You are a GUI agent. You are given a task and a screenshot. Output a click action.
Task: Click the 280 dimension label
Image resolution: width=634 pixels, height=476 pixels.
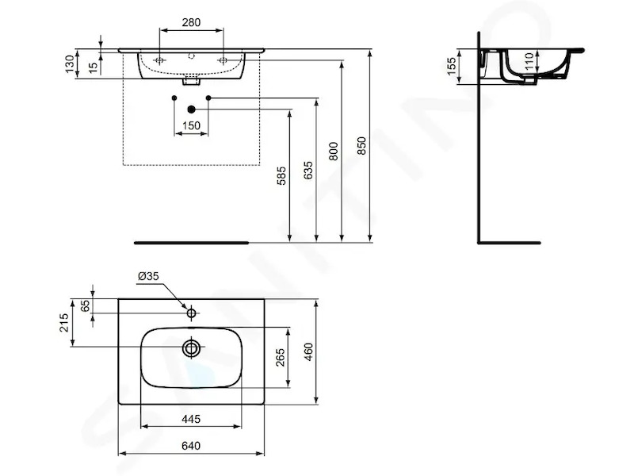(x=191, y=22)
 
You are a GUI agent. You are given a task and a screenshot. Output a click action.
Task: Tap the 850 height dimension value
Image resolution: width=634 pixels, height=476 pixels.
(x=362, y=146)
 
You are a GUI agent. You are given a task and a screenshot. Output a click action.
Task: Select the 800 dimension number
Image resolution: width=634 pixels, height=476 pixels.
(x=334, y=151)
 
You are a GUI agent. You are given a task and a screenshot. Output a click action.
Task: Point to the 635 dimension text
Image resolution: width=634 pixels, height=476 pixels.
(x=308, y=171)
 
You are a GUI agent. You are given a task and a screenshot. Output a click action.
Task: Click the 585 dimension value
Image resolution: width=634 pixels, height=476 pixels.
(x=281, y=175)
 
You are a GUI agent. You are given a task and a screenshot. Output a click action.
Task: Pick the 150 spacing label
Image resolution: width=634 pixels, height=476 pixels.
(x=191, y=125)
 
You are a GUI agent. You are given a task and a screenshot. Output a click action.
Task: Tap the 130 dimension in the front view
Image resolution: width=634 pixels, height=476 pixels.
(x=70, y=64)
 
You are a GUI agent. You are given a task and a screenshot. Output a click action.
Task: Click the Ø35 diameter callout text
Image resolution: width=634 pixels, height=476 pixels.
(x=148, y=276)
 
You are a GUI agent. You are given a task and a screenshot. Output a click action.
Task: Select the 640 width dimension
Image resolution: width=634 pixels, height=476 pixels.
(x=191, y=446)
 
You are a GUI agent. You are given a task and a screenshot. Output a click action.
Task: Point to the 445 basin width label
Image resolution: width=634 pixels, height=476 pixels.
(x=191, y=419)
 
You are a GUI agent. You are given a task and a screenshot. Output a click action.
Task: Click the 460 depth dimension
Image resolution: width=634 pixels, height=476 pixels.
(x=308, y=351)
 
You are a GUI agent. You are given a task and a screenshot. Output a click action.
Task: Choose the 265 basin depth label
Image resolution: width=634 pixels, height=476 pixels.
(x=281, y=358)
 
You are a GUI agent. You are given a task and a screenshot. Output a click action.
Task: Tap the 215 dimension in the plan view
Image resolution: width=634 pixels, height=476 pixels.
(x=65, y=323)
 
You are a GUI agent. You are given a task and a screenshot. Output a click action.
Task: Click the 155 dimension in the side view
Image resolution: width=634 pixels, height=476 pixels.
(x=452, y=67)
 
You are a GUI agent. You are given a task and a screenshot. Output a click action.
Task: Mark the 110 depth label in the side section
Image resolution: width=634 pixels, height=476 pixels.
(x=529, y=61)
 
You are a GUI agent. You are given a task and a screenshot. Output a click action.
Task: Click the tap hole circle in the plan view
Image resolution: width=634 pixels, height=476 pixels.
(x=191, y=313)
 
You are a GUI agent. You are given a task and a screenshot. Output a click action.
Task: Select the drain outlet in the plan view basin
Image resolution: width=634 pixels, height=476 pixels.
(x=191, y=347)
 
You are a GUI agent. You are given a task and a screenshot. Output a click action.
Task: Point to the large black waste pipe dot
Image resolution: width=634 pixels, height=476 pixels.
(x=192, y=109)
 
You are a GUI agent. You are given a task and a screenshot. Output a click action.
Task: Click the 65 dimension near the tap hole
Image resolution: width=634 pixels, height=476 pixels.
(x=86, y=306)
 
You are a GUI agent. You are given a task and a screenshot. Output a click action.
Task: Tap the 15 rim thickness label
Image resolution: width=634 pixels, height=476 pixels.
(x=94, y=67)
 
